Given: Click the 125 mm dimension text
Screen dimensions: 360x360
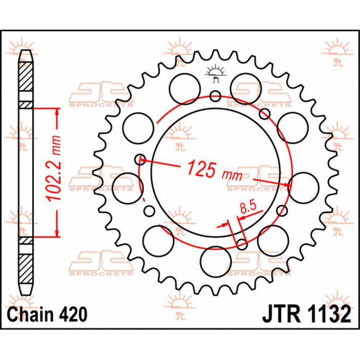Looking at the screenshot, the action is pyautogui.click(x=214, y=171).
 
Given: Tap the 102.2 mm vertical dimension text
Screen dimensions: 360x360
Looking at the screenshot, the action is pyautogui.click(x=53, y=168).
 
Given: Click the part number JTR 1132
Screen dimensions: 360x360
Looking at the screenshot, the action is pyautogui.click(x=307, y=314).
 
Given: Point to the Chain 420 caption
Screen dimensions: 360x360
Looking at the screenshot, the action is pyautogui.click(x=47, y=314).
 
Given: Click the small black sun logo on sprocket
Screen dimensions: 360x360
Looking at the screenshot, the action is pyautogui.click(x=215, y=73).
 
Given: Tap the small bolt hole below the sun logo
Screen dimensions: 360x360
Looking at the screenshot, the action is pyautogui.click(x=215, y=96).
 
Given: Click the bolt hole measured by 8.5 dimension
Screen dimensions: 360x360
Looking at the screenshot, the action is pyautogui.click(x=242, y=244).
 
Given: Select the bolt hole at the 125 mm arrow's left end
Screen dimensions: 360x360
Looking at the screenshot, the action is pyautogui.click(x=140, y=159).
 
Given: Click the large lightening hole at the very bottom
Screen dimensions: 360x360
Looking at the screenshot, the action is pyautogui.click(x=215, y=262).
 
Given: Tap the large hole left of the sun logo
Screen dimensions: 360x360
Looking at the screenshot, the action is pyautogui.click(x=185, y=89).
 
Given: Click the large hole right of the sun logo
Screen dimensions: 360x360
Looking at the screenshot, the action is pyautogui.click(x=246, y=89).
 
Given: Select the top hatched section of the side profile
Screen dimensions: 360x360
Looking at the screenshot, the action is pyautogui.click(x=26, y=77).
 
